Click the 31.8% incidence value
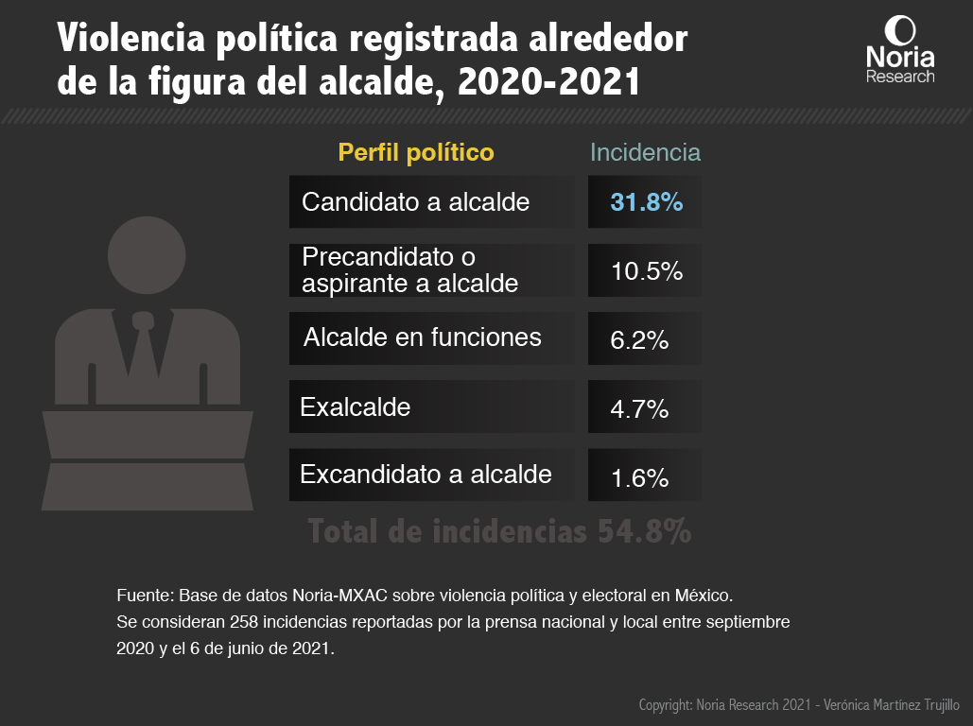click(x=646, y=202)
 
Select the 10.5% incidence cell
click(x=646, y=271)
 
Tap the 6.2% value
click(x=639, y=339)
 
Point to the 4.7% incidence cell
click(x=639, y=408)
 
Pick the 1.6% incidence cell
click(x=639, y=477)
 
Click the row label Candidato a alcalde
click(x=415, y=202)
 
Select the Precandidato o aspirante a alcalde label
click(x=409, y=270)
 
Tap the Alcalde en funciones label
click(x=423, y=337)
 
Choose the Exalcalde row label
click(x=356, y=407)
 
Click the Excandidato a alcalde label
click(x=426, y=475)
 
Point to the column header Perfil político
click(x=416, y=152)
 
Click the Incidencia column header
click(x=645, y=152)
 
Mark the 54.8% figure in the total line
click(x=644, y=532)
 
